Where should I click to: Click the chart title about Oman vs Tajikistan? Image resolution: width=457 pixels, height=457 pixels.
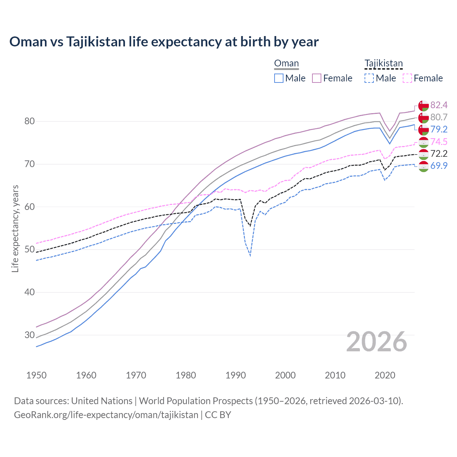click(164, 42)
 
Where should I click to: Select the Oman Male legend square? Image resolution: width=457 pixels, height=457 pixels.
click(279, 78)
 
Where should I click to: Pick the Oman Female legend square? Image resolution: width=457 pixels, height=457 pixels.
click(317, 78)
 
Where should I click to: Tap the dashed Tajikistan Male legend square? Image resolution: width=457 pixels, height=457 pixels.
click(369, 78)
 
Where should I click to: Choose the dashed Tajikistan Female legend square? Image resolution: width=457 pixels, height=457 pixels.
click(407, 78)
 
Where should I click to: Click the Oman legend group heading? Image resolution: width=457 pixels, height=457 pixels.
click(286, 64)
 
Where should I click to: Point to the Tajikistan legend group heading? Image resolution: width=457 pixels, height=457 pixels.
click(383, 64)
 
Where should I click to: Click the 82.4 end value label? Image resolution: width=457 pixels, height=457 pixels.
click(439, 105)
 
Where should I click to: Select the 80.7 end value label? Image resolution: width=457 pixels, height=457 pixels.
click(439, 117)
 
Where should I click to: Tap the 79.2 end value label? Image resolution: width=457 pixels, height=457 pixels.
click(439, 129)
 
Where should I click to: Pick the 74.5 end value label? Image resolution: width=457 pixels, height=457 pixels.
click(439, 142)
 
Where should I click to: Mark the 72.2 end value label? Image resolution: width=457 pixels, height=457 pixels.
click(439, 154)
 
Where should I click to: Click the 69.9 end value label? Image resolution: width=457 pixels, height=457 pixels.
click(439, 166)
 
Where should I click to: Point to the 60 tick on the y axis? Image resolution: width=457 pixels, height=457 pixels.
click(30, 207)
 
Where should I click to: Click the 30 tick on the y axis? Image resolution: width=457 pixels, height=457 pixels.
click(30, 335)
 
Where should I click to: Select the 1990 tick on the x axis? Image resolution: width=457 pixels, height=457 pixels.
click(236, 375)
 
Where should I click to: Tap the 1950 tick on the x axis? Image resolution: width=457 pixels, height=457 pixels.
click(37, 375)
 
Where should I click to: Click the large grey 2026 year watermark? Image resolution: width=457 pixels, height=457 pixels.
click(377, 342)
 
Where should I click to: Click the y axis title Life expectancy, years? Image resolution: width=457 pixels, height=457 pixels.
click(15, 228)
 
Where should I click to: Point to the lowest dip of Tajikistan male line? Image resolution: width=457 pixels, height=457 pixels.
click(250, 256)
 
